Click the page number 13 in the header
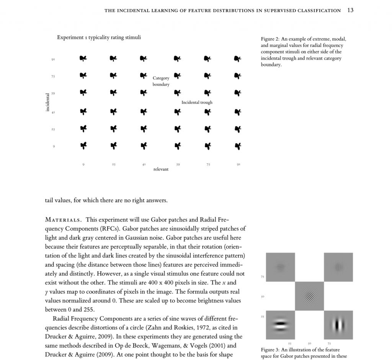tap(350, 10)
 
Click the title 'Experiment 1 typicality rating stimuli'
tap(99, 37)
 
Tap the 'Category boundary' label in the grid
tap(161, 81)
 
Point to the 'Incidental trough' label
tap(197, 103)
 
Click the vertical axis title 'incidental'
tap(47, 102)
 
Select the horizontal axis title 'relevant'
tap(161, 169)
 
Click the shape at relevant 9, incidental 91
tap(83, 59)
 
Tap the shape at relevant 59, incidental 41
tap(177, 112)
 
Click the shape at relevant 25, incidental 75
tap(113, 76)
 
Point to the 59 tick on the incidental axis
tap(54, 93)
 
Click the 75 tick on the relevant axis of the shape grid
tap(208, 165)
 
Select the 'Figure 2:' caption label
tap(270, 39)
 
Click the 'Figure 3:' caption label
tap(270, 350)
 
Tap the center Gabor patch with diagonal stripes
tap(309, 296)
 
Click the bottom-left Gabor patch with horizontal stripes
tap(280, 325)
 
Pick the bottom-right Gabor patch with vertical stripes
tap(338, 325)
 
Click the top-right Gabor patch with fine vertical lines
tap(338, 267)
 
